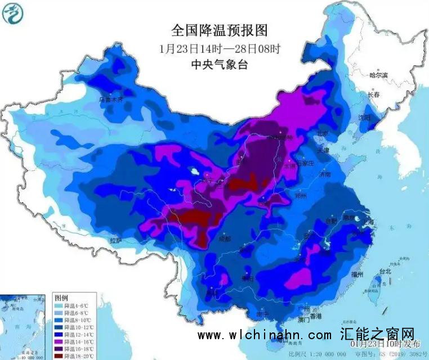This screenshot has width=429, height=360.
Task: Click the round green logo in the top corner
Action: pos(12,13)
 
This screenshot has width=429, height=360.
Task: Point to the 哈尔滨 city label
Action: pos(378,75)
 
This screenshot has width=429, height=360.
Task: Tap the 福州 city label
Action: pos(356,274)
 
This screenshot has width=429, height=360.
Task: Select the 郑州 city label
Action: pos(301,197)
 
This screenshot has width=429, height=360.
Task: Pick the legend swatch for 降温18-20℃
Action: pos(59,355)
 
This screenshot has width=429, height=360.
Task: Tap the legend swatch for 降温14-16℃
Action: pos(59,341)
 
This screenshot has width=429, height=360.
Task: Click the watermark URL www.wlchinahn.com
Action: pos(265,335)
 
